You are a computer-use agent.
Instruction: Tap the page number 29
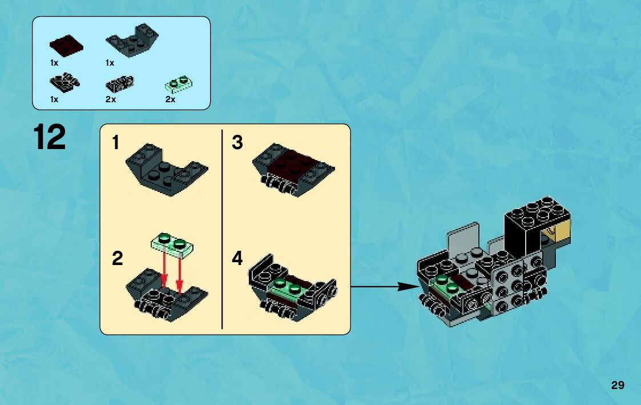click(617, 385)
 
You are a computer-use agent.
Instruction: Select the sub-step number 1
click(116, 143)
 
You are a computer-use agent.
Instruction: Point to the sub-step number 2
click(118, 259)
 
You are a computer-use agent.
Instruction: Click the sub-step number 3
click(237, 143)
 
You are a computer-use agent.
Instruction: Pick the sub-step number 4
click(237, 259)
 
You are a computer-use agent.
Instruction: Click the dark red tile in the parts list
click(66, 45)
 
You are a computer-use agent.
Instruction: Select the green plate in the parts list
click(178, 84)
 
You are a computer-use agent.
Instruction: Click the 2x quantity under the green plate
click(170, 99)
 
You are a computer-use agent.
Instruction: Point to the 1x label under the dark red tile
click(54, 62)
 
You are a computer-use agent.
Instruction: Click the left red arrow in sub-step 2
click(164, 272)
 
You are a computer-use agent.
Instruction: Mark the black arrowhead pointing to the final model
click(408, 287)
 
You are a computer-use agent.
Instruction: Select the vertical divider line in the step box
click(221, 228)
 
